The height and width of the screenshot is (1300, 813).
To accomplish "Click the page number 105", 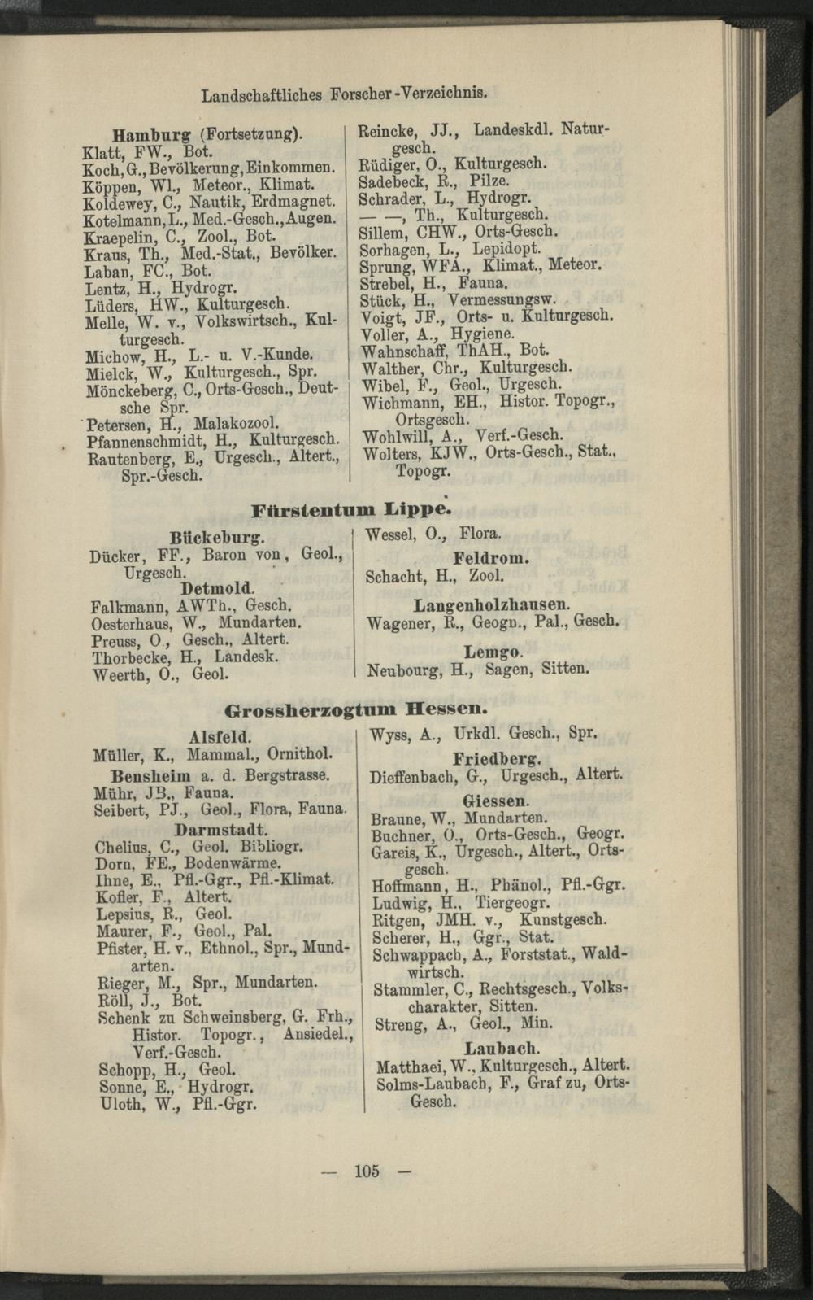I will pyautogui.click(x=367, y=1171).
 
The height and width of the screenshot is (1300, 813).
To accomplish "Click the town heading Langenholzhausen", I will pyautogui.click(x=492, y=605).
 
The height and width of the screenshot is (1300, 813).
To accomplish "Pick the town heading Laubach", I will pyautogui.click(x=502, y=1048).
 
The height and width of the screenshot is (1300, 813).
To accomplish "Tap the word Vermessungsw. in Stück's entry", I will pyautogui.click(x=501, y=299).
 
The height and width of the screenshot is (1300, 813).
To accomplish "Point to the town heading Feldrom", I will pyautogui.click(x=491, y=559).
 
